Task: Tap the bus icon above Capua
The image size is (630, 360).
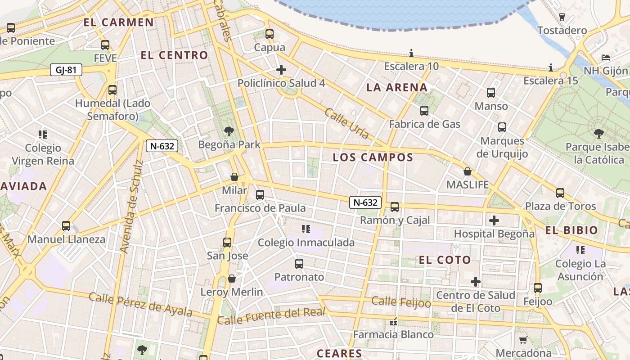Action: (x=270, y=34)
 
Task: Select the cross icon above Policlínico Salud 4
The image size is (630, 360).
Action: (x=281, y=69)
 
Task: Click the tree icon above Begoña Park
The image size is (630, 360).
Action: (x=229, y=131)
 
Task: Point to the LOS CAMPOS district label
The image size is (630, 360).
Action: (x=373, y=157)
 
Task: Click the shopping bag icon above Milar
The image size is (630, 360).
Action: (x=234, y=177)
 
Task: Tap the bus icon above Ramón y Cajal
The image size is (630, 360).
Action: (x=395, y=207)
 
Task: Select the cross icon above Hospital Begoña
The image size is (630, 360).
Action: (x=494, y=220)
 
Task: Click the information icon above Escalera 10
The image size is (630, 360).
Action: (x=411, y=53)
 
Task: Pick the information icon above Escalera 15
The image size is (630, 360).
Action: (x=551, y=67)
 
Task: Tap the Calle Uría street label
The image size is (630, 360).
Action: (x=346, y=123)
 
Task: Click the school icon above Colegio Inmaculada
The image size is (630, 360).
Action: (x=306, y=229)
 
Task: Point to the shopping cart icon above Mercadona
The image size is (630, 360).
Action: (x=523, y=340)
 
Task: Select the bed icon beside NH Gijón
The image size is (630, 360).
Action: (x=606, y=58)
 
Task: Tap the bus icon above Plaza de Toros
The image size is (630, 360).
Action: (x=560, y=193)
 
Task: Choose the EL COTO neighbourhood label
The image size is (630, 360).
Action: (x=445, y=260)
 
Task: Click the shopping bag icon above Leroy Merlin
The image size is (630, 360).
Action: (x=232, y=279)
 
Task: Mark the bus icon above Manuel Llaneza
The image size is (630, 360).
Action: (x=66, y=225)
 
